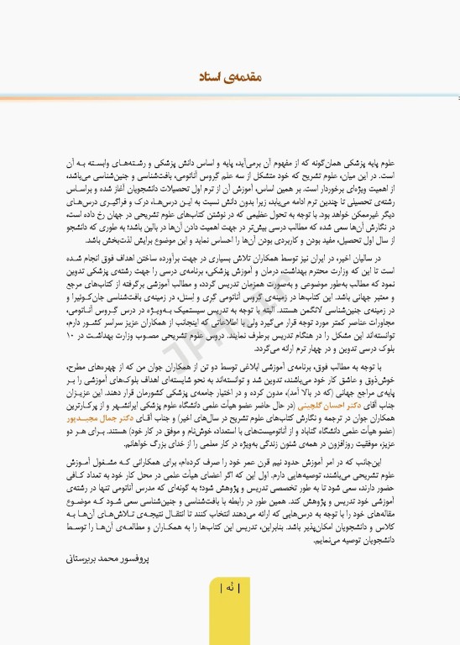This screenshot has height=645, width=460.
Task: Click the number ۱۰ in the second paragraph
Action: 75,313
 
